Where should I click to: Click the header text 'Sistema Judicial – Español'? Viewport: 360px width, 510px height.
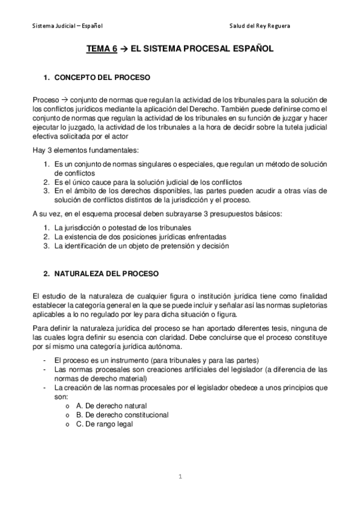pos(67,26)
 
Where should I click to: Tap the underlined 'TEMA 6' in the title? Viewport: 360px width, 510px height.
pos(102,52)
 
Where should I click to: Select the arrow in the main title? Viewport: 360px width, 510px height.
pos(125,52)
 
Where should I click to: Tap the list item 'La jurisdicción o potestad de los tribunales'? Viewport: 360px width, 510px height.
pos(123,227)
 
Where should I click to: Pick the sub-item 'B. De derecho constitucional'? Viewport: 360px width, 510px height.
pos(122,414)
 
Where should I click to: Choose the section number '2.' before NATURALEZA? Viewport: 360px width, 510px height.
pos(47,273)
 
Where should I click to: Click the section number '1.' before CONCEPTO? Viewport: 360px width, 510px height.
pos(47,78)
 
